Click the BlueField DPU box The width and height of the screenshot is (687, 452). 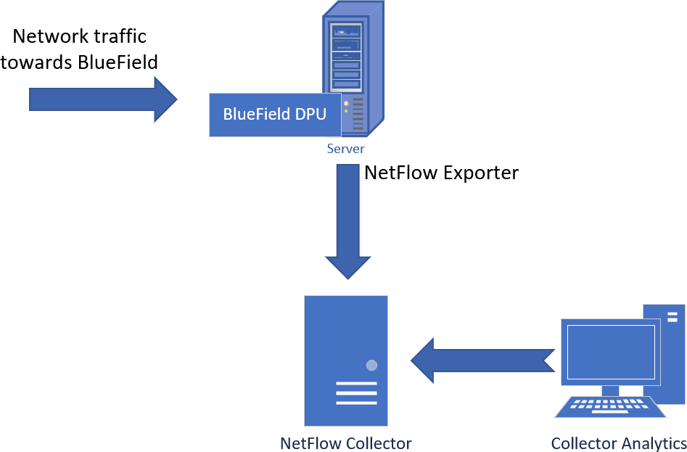275,114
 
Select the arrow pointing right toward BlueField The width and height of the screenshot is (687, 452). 102,99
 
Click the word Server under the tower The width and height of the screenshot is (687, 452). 345,149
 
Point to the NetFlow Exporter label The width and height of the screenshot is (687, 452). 441,173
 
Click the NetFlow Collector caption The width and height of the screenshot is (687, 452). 345,443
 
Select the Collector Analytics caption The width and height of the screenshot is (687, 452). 618,443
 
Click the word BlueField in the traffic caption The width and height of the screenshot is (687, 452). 117,62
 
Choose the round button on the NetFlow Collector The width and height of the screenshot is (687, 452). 371,365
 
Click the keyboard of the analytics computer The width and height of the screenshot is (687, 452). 610,407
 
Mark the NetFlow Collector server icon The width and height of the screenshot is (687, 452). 345,360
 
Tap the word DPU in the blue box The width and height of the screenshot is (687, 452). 309,114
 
